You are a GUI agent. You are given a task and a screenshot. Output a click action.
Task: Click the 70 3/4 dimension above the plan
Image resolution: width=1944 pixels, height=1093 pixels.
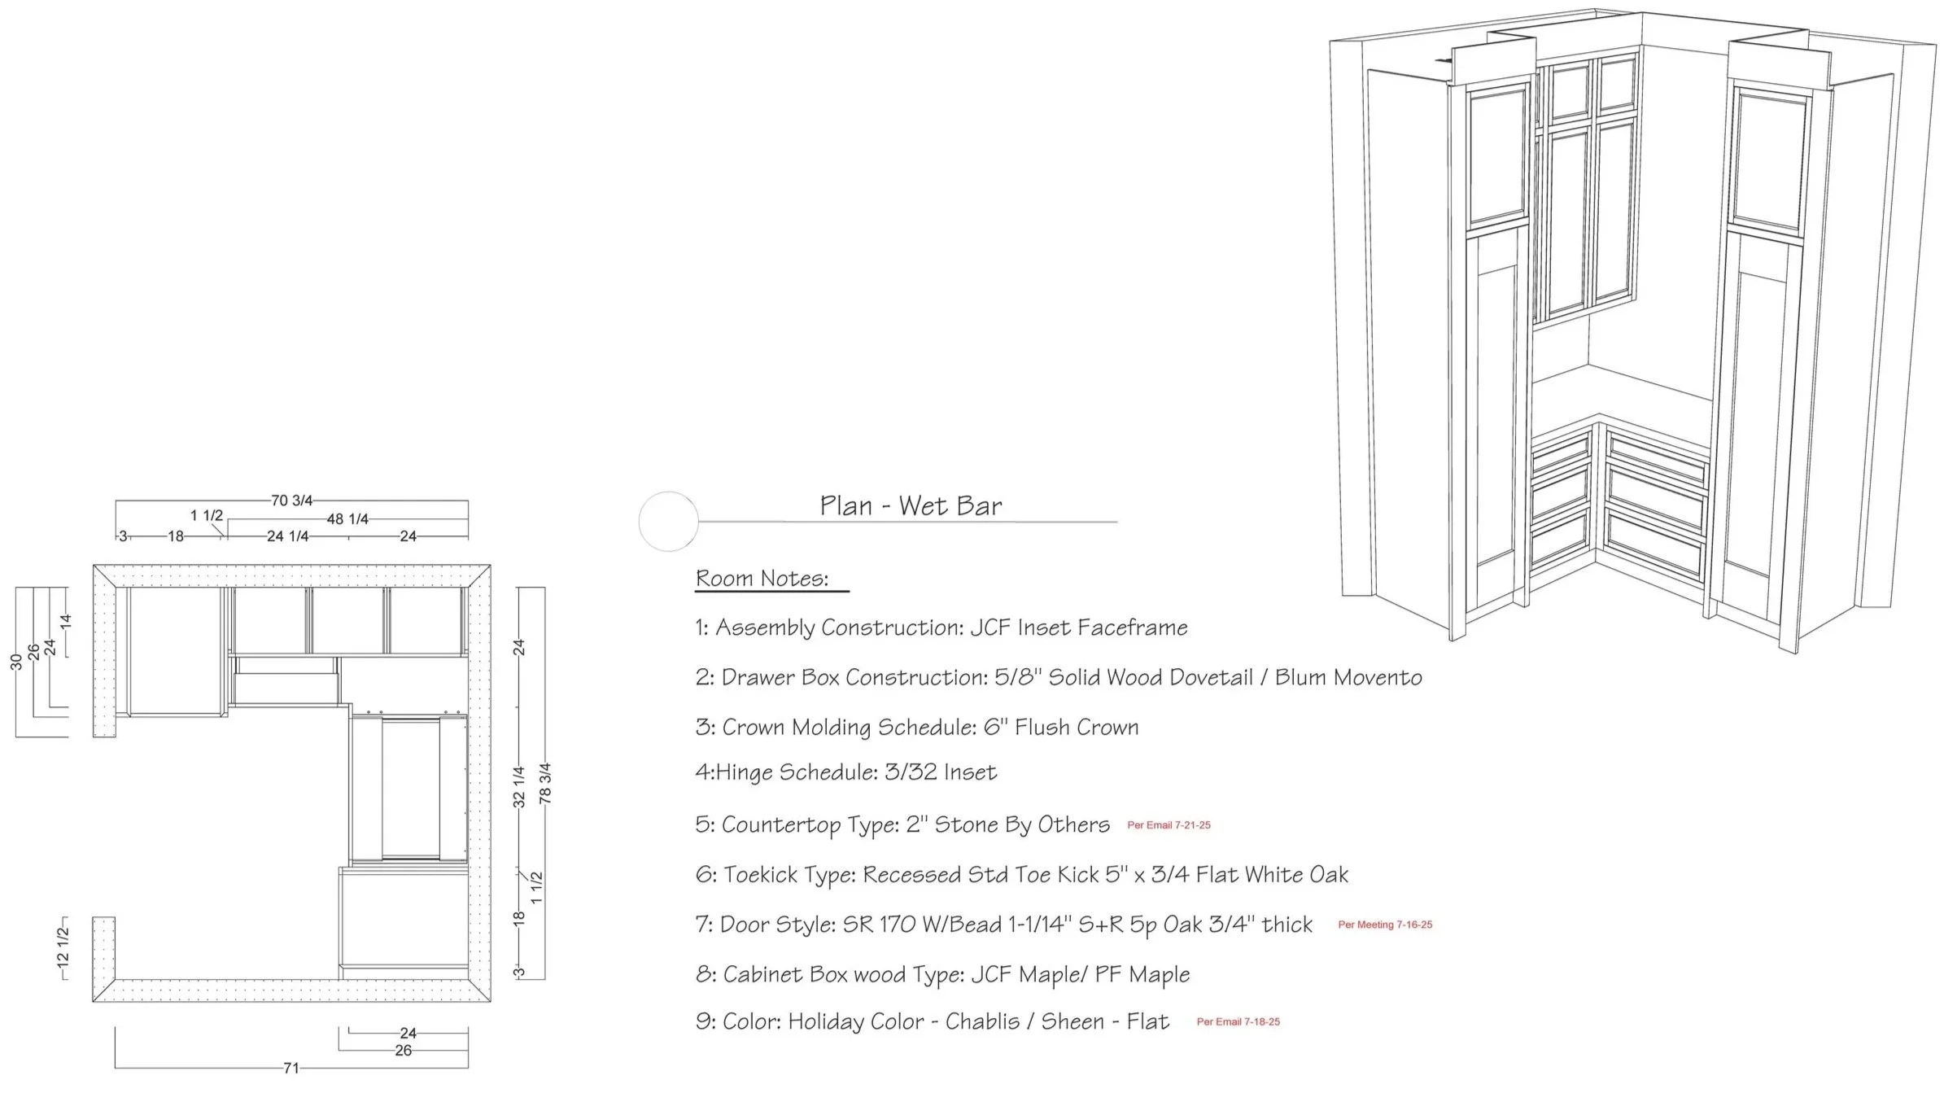click(x=291, y=501)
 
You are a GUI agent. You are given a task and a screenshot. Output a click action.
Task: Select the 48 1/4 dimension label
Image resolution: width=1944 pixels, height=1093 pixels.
click(x=347, y=519)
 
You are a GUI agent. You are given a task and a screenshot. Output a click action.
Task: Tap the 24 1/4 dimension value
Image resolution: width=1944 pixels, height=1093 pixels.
click(x=287, y=536)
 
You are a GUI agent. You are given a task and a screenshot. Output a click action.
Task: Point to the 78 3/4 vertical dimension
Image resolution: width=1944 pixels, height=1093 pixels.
click(x=545, y=783)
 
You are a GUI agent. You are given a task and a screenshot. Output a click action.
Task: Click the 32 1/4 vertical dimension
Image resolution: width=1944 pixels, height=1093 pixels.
click(x=519, y=786)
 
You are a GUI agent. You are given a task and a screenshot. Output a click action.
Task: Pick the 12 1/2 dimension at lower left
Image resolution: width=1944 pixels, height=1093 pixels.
click(x=63, y=948)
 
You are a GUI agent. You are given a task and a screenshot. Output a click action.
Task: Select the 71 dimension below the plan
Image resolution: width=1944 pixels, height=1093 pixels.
click(x=291, y=1068)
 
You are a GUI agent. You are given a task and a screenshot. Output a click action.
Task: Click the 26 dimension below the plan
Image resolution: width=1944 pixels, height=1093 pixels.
click(x=404, y=1050)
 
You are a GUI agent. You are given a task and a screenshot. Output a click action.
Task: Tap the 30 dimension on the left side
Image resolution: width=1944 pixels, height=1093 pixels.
click(x=16, y=662)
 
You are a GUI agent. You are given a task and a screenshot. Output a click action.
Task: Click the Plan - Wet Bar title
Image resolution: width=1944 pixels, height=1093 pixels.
click(x=911, y=506)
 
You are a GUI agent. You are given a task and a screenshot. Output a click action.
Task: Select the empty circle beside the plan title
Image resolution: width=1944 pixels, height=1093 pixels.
click(x=668, y=521)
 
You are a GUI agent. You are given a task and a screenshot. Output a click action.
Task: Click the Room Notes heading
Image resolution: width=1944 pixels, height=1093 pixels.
click(x=762, y=579)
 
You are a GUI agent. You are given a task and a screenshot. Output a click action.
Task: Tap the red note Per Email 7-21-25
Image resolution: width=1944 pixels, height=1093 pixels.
click(x=1169, y=825)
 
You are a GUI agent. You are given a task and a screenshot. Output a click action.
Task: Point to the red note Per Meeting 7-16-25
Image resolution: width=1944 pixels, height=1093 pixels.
click(x=1385, y=925)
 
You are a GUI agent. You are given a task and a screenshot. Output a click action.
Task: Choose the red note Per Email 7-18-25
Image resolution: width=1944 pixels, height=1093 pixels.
click(x=1238, y=1021)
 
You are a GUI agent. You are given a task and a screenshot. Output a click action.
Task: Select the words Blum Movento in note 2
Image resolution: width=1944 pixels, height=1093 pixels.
click(x=1348, y=677)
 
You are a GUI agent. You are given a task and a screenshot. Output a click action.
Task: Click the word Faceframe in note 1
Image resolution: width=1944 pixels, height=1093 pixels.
click(x=1132, y=627)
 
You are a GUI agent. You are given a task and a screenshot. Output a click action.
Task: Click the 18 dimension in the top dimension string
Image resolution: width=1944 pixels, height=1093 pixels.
click(x=175, y=536)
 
